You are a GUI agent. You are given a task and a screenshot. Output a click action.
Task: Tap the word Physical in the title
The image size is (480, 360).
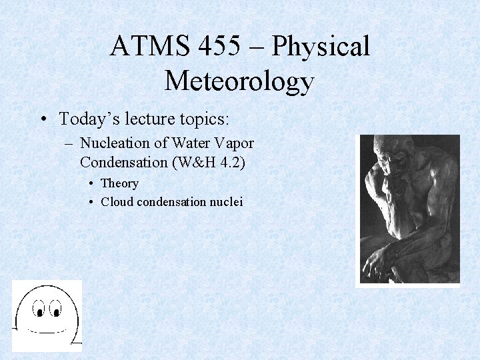pos(321,47)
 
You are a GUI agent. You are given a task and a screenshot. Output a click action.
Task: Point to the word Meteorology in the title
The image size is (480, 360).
pos(239,81)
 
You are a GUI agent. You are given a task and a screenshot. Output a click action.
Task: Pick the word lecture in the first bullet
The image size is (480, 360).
pos(145,119)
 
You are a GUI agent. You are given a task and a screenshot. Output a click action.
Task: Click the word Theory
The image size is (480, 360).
pos(119,183)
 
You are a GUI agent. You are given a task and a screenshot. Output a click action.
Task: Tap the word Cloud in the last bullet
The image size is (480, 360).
pos(117,201)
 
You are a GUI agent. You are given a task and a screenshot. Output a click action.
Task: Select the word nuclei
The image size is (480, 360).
pos(227,201)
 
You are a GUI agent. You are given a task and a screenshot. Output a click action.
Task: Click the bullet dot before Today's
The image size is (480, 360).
pos(43,120)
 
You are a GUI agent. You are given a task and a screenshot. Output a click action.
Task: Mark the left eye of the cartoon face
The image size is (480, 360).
pos(40,311)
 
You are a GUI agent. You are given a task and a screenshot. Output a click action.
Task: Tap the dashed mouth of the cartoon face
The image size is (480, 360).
pos(48,330)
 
